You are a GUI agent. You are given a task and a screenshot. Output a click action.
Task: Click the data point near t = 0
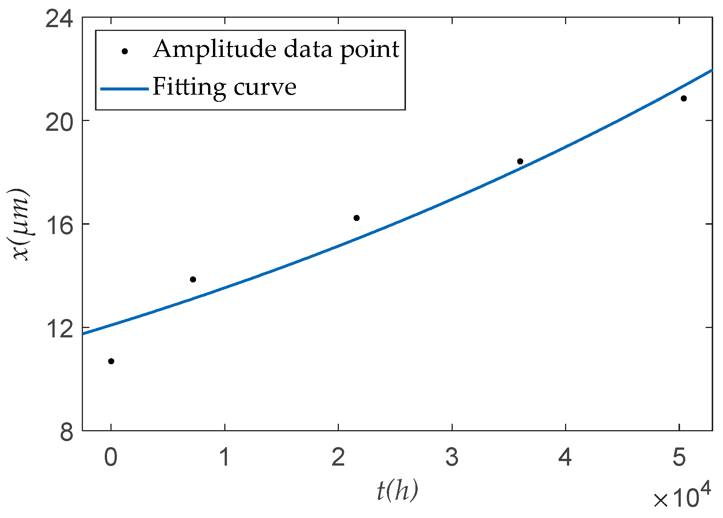point(111,361)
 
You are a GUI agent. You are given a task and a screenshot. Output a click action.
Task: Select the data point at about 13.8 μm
point(193,279)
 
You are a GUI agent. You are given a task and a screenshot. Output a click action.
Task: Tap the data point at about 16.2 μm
point(357,218)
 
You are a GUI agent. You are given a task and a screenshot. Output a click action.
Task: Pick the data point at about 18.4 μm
point(520,161)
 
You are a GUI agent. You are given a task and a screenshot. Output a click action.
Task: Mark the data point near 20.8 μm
point(684,98)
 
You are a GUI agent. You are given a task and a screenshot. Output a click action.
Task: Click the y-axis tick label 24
point(59,18)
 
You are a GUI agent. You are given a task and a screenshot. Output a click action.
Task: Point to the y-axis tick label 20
point(59,121)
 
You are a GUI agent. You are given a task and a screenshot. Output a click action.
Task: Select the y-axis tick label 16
point(59,225)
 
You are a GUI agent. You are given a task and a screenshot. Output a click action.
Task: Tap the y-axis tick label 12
point(59,328)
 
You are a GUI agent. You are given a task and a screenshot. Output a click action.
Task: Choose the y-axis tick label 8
point(66,431)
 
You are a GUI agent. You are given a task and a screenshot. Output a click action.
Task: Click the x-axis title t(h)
point(397,491)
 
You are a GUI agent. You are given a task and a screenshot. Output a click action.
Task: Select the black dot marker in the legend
point(125,51)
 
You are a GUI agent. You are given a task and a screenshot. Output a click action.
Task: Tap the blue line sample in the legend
point(125,89)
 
